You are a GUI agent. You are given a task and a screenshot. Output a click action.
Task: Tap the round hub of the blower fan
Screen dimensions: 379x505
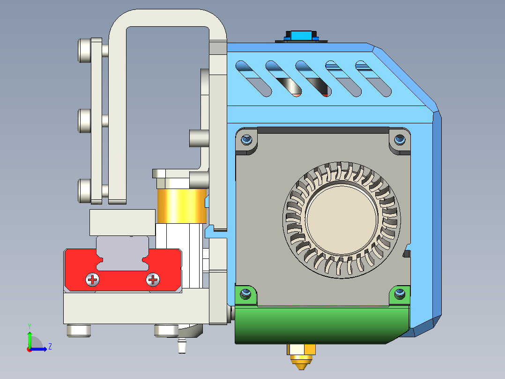(x=341, y=220)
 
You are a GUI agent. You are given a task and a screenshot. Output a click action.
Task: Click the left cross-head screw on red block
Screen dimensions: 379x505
(x=93, y=280)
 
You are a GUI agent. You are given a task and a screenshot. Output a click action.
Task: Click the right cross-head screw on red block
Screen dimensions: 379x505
(x=153, y=280)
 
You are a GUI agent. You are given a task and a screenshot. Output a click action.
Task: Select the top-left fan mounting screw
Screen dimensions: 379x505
(x=247, y=139)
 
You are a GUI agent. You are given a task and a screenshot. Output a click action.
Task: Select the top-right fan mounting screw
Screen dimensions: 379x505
(x=399, y=139)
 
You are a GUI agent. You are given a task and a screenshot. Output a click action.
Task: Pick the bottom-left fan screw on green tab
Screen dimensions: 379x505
(x=245, y=294)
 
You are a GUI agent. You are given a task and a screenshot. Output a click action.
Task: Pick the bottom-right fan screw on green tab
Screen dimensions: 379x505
(x=399, y=294)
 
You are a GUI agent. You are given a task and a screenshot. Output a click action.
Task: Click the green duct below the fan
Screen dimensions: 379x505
(x=319, y=326)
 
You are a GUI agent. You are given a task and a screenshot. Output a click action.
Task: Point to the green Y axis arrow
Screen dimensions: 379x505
(x=29, y=337)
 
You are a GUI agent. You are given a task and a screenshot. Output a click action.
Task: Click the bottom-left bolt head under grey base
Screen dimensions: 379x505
(x=78, y=331)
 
